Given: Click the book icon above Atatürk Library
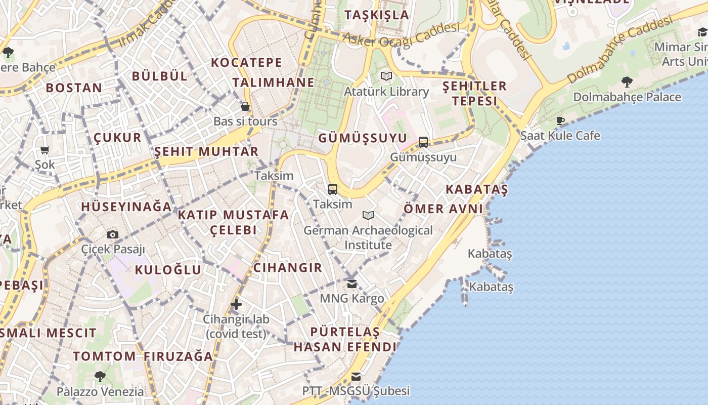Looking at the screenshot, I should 386,76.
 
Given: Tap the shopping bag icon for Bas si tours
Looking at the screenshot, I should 245,106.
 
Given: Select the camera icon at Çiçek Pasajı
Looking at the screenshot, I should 113,234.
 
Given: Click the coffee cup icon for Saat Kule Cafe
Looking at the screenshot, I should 560,120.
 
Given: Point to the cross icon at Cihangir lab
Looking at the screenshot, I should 236,304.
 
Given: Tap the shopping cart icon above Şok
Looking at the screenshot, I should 45,150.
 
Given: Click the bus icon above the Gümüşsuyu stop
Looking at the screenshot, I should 423,142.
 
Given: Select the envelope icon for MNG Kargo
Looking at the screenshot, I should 351,283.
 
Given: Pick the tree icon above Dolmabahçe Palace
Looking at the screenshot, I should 627,82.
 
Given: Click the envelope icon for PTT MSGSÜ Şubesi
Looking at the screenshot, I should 356,376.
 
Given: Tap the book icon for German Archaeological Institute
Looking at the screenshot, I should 368,216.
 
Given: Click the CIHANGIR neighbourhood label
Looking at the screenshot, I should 287,268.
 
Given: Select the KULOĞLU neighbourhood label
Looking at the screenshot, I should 168,270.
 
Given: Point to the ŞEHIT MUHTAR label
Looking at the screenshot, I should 206,151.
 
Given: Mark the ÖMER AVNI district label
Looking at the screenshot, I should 443,209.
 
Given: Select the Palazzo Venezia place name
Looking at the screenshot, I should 100,391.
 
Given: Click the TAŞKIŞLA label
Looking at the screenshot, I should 376,15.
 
